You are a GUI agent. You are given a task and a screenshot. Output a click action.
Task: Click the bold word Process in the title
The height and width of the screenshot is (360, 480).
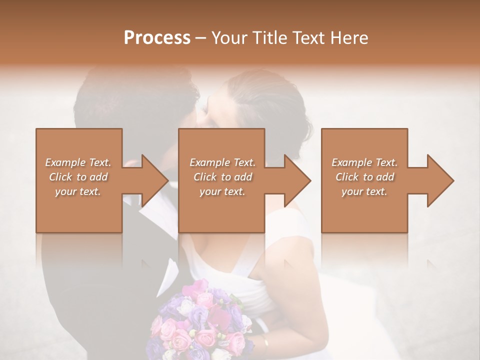click(157, 38)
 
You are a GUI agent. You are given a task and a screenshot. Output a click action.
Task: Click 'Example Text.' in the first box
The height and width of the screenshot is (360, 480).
click(78, 162)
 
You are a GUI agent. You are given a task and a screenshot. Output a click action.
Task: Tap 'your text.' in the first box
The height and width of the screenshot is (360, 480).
click(78, 191)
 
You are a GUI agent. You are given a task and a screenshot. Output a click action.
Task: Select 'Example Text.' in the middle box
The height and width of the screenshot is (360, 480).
click(222, 162)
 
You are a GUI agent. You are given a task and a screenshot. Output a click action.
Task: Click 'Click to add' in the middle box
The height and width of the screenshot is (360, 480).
click(222, 177)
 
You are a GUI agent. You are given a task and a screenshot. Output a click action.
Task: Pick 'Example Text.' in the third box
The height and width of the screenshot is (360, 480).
click(364, 162)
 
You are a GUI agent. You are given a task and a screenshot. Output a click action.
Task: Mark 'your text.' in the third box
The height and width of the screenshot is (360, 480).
click(364, 191)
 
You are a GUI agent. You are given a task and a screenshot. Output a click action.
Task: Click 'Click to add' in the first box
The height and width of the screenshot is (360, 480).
click(78, 177)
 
